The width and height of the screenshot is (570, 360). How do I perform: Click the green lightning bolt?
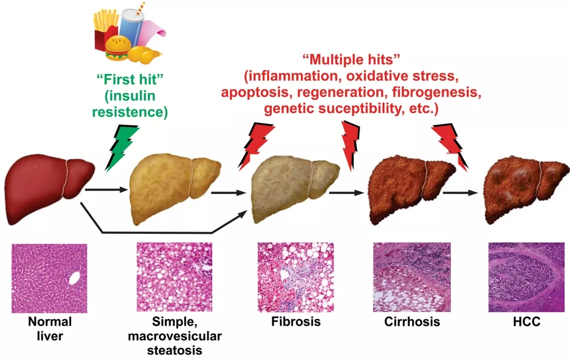click(x=122, y=149)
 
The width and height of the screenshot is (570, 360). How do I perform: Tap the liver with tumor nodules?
click(x=526, y=187)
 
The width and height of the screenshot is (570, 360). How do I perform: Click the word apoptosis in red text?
click(x=253, y=94)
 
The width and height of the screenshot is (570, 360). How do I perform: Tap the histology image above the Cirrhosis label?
click(x=412, y=276)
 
